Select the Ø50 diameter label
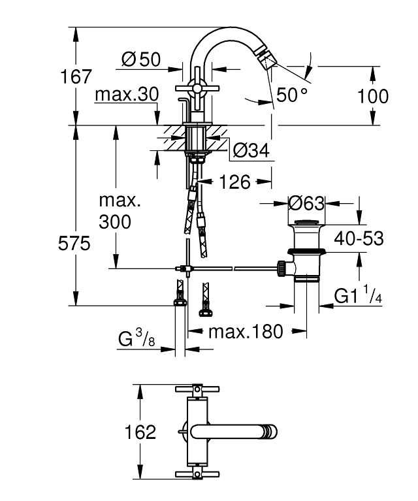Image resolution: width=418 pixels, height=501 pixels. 140,59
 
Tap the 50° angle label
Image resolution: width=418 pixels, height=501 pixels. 291,95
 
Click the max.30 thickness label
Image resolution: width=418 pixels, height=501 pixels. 127,95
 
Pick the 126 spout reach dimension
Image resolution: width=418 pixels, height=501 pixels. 234,182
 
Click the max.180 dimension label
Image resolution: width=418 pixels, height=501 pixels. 246,332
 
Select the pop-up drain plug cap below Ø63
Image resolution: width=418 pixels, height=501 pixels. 306,227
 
